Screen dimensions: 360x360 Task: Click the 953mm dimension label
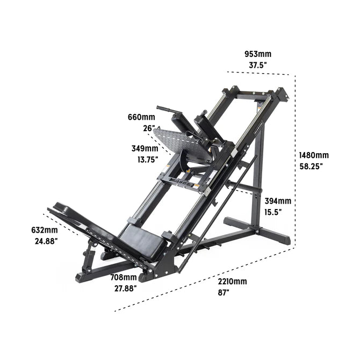click(x=257, y=54)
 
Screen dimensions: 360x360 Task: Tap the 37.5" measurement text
click(x=257, y=65)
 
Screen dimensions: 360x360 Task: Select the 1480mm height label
click(x=314, y=155)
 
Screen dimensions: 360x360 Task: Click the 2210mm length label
click(x=232, y=282)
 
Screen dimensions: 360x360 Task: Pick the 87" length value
click(x=224, y=293)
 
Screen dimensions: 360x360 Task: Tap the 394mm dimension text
click(x=278, y=201)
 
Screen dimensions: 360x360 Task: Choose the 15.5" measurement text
click(x=273, y=212)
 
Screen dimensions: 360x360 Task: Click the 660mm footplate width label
click(x=141, y=117)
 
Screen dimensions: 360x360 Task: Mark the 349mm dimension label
click(x=145, y=148)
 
